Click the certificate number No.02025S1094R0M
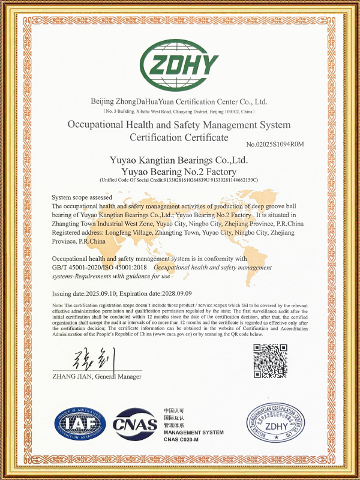275,144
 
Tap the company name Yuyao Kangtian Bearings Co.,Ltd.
179,161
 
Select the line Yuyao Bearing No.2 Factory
179,171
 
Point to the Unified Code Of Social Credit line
179,180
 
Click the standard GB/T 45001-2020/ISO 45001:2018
100,267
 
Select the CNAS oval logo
135,428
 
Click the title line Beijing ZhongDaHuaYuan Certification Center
179,101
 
